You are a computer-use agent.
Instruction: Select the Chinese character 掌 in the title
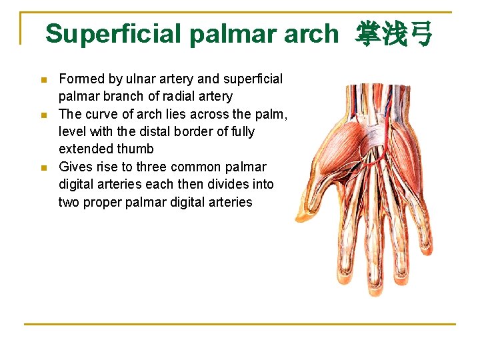(368, 33)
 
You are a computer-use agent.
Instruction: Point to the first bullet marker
(44, 80)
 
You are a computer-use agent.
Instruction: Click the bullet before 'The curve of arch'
(44, 115)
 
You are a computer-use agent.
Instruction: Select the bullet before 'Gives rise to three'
(44, 167)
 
